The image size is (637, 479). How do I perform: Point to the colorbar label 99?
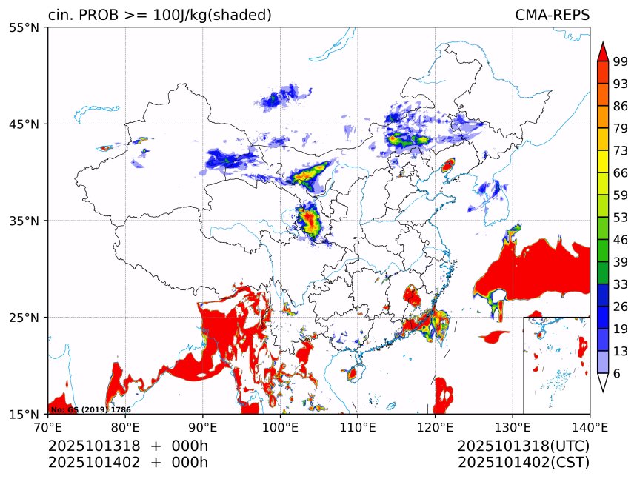[620, 61]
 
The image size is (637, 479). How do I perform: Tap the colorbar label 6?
[616, 374]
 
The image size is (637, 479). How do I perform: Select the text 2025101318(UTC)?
[523, 446]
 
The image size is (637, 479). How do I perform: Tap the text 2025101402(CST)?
[523, 463]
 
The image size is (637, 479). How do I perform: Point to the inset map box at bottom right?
[556, 365]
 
